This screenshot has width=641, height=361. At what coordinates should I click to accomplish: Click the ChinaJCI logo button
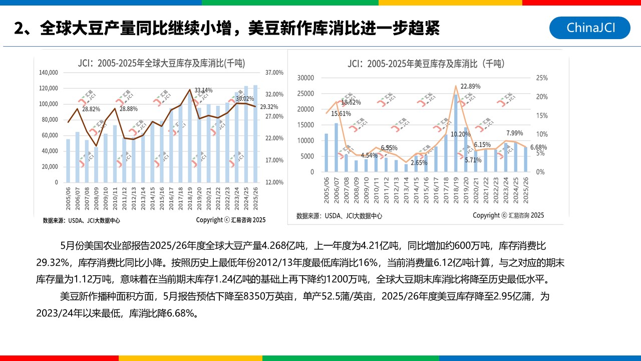[589, 28]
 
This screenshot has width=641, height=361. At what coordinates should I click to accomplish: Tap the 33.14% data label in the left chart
[203, 90]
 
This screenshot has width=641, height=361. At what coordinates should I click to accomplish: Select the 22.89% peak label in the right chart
[470, 86]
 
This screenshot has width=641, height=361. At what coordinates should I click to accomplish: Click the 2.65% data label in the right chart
[419, 162]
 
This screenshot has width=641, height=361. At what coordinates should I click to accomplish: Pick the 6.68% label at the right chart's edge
[538, 147]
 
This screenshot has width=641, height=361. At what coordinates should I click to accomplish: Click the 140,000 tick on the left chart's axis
[49, 73]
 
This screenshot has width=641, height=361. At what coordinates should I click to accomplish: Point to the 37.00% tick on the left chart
[274, 73]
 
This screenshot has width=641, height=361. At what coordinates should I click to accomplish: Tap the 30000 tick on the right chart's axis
[305, 78]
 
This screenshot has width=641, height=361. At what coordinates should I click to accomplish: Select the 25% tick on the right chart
[542, 78]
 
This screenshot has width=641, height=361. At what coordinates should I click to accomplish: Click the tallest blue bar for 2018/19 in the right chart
[456, 133]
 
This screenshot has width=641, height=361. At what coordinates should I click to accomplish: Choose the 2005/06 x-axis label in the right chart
[327, 191]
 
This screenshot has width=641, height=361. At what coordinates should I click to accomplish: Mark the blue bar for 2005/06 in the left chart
[68, 160]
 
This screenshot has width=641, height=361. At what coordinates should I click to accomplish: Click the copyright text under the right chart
[508, 215]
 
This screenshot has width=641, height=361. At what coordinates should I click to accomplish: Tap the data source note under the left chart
[81, 220]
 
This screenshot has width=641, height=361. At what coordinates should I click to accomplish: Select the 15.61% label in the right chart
[341, 113]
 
